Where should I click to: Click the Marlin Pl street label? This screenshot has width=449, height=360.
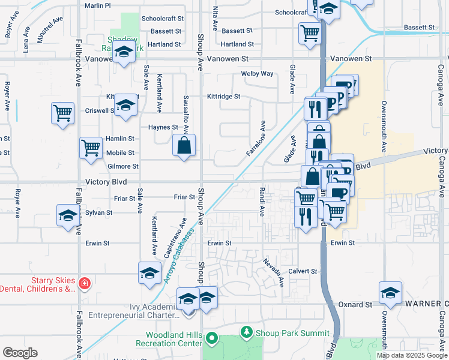[98, 5]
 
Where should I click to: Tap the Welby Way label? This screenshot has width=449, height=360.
[257, 74]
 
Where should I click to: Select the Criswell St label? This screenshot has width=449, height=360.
[100, 111]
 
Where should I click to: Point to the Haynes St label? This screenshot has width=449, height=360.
[163, 127]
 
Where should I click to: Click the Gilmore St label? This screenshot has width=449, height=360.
[122, 166]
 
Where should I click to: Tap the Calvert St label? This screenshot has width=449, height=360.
[303, 271]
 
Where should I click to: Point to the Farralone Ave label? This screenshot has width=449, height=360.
[255, 139]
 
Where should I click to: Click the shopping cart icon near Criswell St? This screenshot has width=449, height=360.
[62, 112]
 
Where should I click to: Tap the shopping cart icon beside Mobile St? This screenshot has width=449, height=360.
[91, 146]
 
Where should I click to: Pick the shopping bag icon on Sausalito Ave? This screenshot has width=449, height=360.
[184, 145]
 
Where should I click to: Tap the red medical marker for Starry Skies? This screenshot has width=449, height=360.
[85, 283]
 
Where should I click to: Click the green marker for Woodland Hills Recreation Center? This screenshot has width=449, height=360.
[211, 338]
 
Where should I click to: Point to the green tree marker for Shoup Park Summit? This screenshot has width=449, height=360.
[246, 331]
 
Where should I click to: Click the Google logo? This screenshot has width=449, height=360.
[20, 353]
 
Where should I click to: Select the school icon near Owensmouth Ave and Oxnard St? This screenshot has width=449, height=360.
[390, 292]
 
